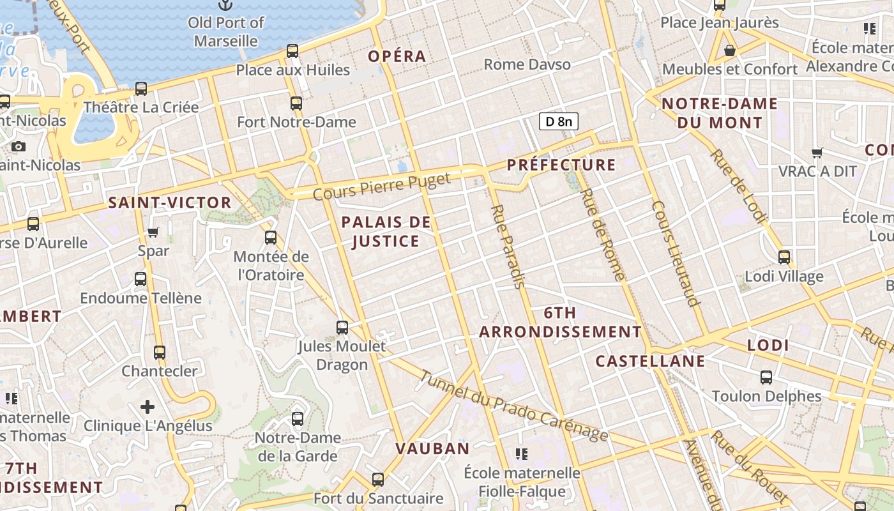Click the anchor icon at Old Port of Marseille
click(225, 5)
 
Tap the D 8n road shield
click(559, 121)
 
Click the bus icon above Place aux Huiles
click(292, 51)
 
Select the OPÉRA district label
click(397, 56)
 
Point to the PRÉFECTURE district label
click(561, 165)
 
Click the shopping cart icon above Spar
click(153, 232)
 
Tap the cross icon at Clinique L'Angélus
click(148, 407)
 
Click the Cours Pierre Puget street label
click(382, 186)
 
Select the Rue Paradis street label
click(508, 246)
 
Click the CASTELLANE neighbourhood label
click(650, 361)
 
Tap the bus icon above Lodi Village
click(784, 257)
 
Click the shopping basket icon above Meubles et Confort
click(730, 50)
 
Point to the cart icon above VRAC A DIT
click(817, 153)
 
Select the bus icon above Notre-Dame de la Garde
click(297, 419)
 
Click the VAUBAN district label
click(432, 448)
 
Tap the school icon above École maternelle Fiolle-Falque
click(522, 454)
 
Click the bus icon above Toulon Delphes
click(766, 377)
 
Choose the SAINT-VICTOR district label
click(170, 202)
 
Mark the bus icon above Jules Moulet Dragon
click(342, 328)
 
